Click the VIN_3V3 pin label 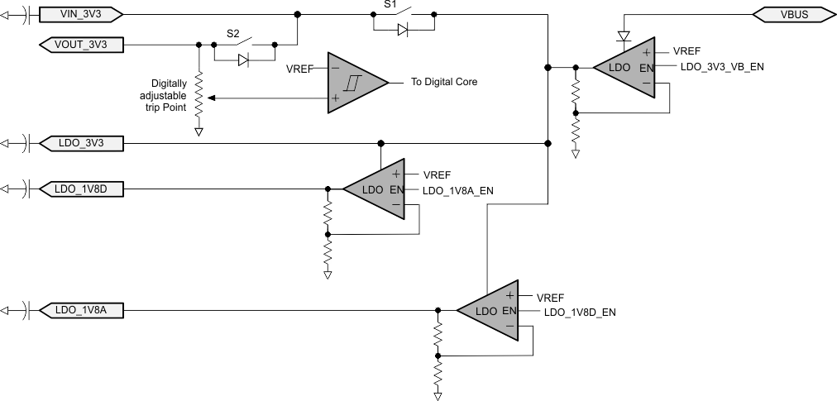point(81,14)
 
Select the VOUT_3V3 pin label point(81,44)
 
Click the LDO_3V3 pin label point(81,144)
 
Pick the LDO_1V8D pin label point(81,189)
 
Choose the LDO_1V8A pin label point(81,311)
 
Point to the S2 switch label point(235,35)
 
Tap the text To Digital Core point(444,83)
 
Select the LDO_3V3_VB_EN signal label point(722,67)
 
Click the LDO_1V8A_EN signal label point(457,190)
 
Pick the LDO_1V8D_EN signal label point(579,313)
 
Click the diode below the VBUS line point(624,36)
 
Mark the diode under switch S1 point(402,29)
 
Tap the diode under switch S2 point(243,60)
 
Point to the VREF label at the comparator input point(299,69)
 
